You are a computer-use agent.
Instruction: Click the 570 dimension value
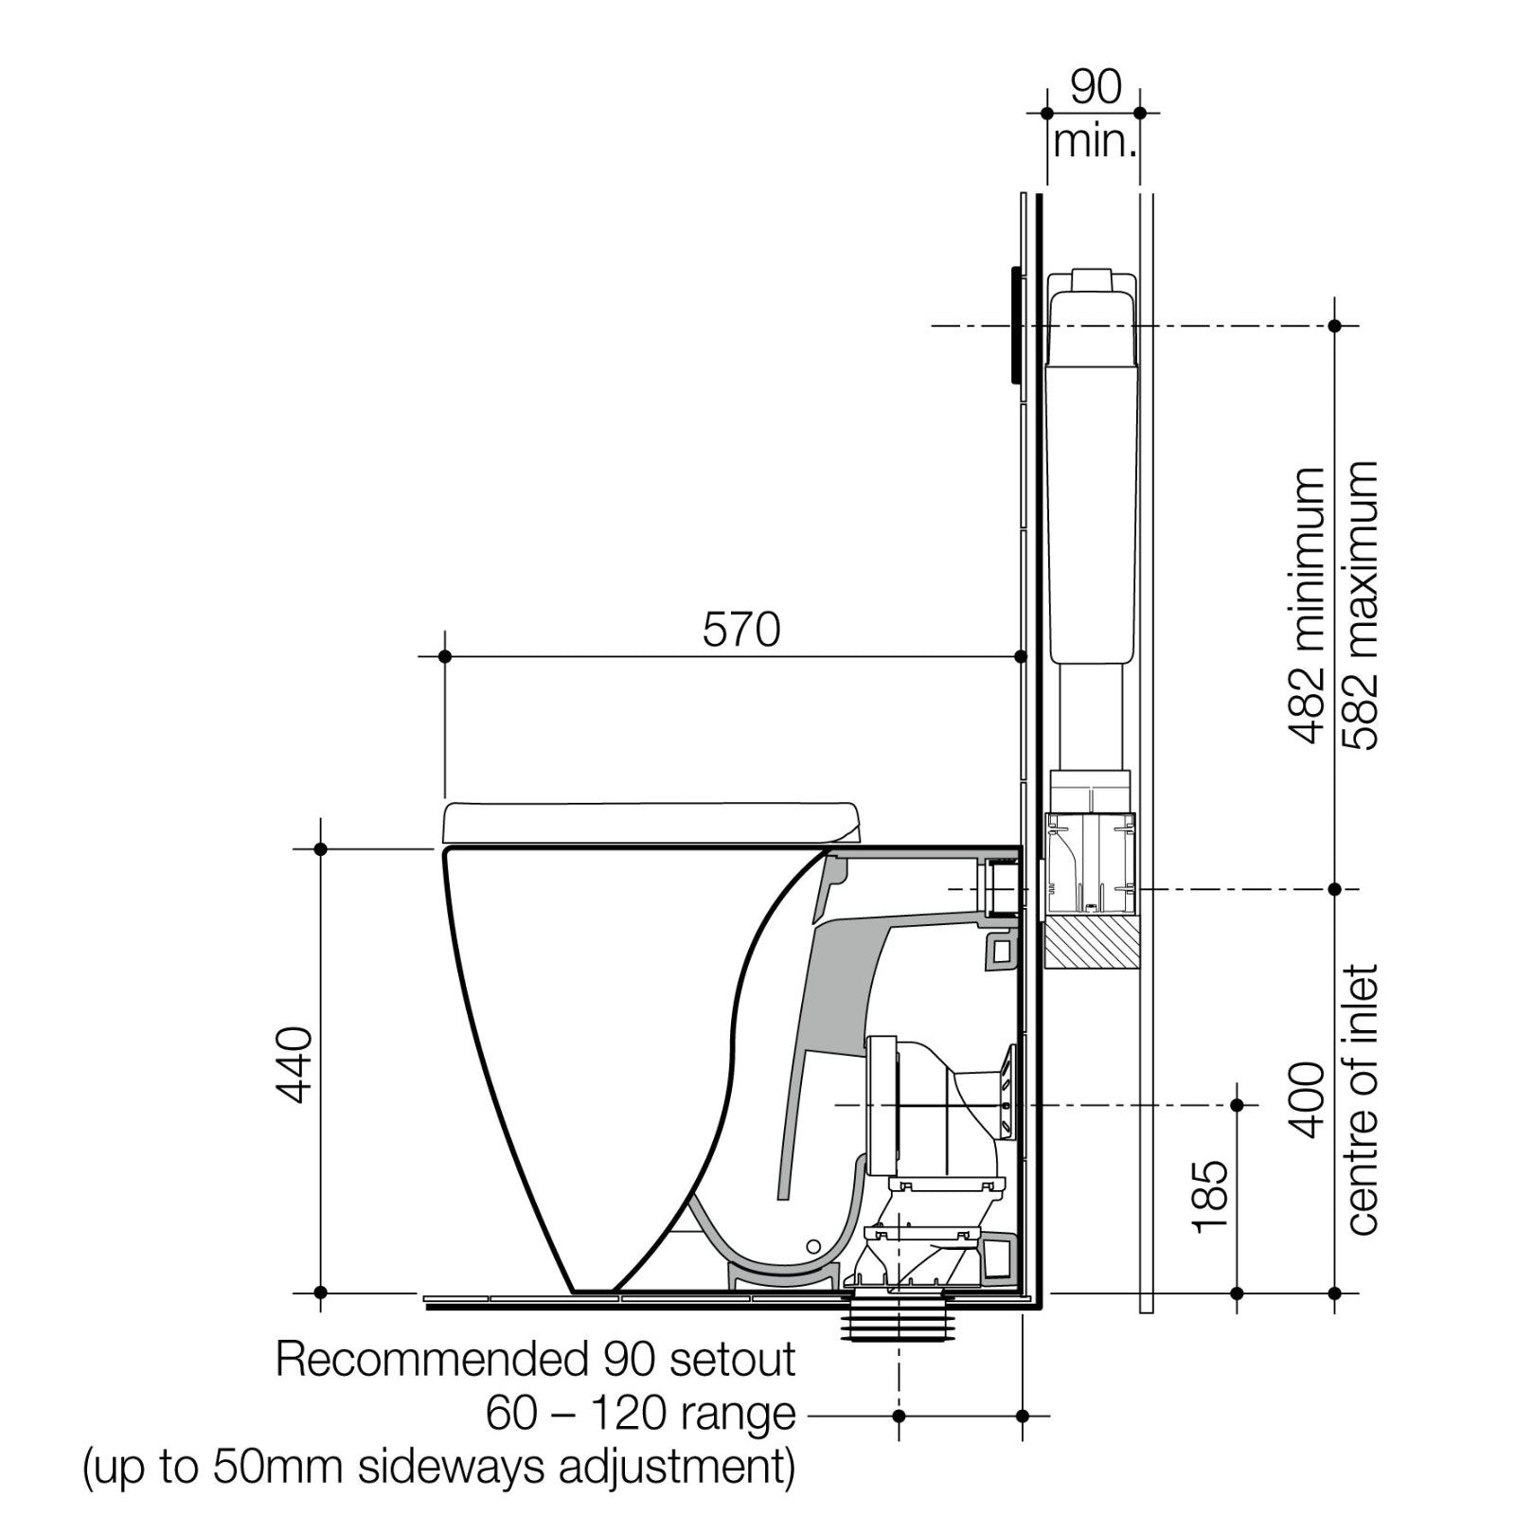click(741, 631)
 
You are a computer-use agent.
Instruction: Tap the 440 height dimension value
click(294, 1064)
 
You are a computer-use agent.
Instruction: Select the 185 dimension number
click(1211, 1197)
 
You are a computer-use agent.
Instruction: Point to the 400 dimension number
click(1308, 1100)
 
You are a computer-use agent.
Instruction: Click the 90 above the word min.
click(1096, 87)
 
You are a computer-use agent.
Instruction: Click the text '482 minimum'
click(1308, 606)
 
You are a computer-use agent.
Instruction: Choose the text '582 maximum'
click(1361, 606)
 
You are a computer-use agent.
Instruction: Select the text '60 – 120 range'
click(641, 1415)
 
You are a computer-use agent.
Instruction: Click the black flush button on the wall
click(1016, 325)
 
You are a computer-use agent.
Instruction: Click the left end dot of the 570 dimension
click(445, 656)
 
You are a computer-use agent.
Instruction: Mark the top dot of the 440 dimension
click(320, 849)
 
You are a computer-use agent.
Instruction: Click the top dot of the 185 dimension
click(1237, 1105)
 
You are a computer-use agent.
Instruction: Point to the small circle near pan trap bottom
click(811, 1245)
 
